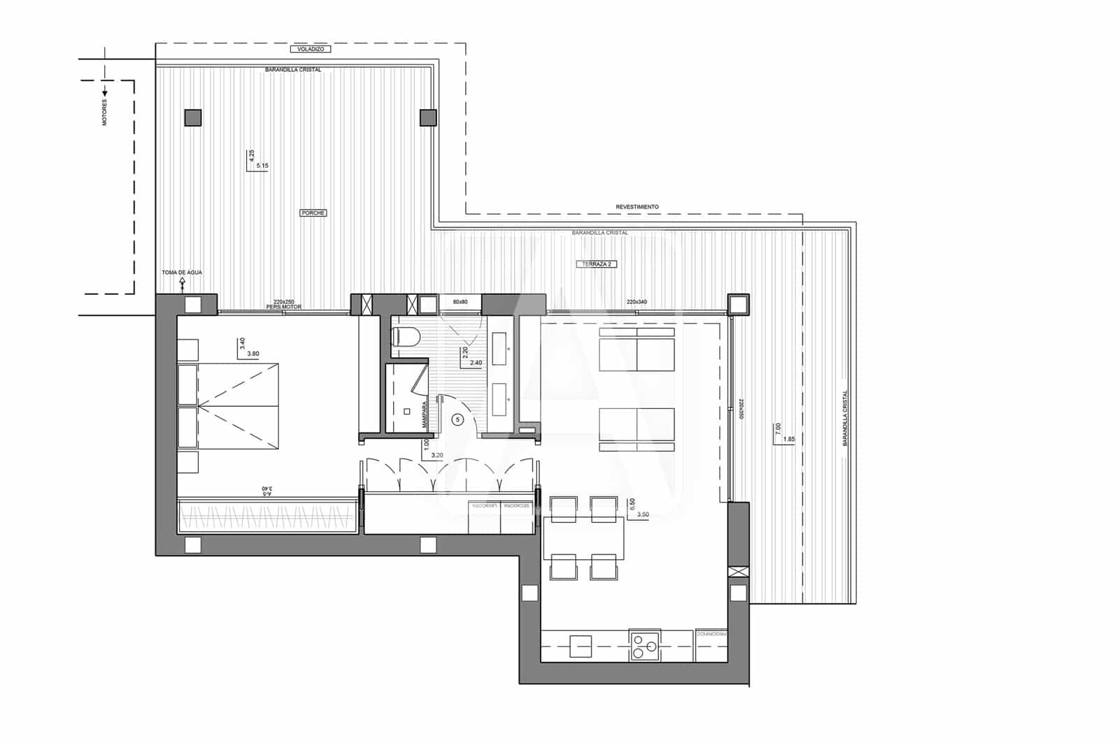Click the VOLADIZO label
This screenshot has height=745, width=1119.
(309, 50)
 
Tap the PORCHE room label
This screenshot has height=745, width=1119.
(313, 212)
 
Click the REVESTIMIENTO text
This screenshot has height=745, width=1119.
(637, 207)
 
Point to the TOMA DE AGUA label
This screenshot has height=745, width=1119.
(182, 272)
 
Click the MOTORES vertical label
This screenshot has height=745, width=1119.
(105, 113)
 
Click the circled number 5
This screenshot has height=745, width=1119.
(457, 419)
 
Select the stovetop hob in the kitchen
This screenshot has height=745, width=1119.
(644, 645)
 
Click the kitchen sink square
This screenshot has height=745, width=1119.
(580, 646)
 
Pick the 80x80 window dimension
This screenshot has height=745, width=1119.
(459, 302)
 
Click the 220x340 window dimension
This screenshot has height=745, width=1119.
(636, 302)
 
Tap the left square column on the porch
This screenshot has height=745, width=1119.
(193, 117)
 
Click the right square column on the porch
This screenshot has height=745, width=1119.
(428, 117)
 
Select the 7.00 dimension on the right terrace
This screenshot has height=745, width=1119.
(778, 428)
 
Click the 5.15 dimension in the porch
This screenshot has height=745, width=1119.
(262, 166)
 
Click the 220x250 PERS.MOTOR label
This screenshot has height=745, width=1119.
(283, 304)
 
